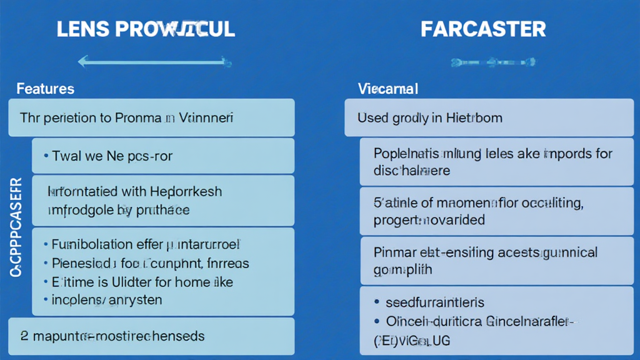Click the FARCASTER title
[483, 29]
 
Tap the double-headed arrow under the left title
[154, 61]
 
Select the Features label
[45, 89]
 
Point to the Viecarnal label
[388, 89]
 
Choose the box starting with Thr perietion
[151, 117]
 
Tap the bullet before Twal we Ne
[47, 156]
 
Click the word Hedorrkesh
[184, 192]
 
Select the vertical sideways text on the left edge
[17, 227]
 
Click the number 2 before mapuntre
[24, 336]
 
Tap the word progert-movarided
[429, 220]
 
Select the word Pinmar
[395, 252]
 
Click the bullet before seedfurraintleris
[376, 302]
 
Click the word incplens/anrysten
[106, 300]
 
